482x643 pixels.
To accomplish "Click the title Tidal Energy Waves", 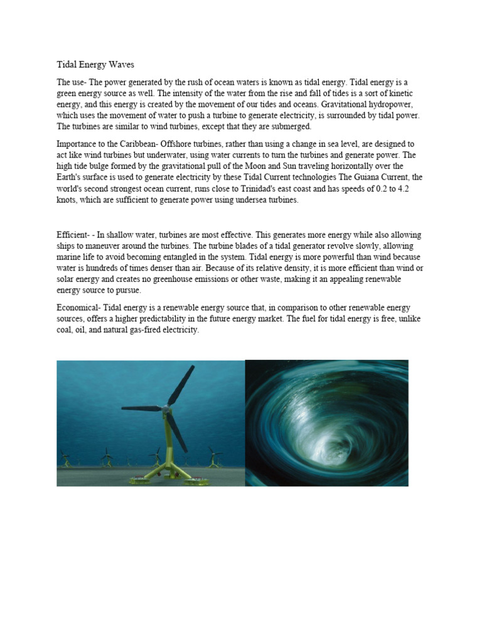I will click(95, 65).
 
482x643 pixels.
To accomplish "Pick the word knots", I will click(68, 200).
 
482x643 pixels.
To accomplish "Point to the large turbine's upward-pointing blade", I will click(181, 385).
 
